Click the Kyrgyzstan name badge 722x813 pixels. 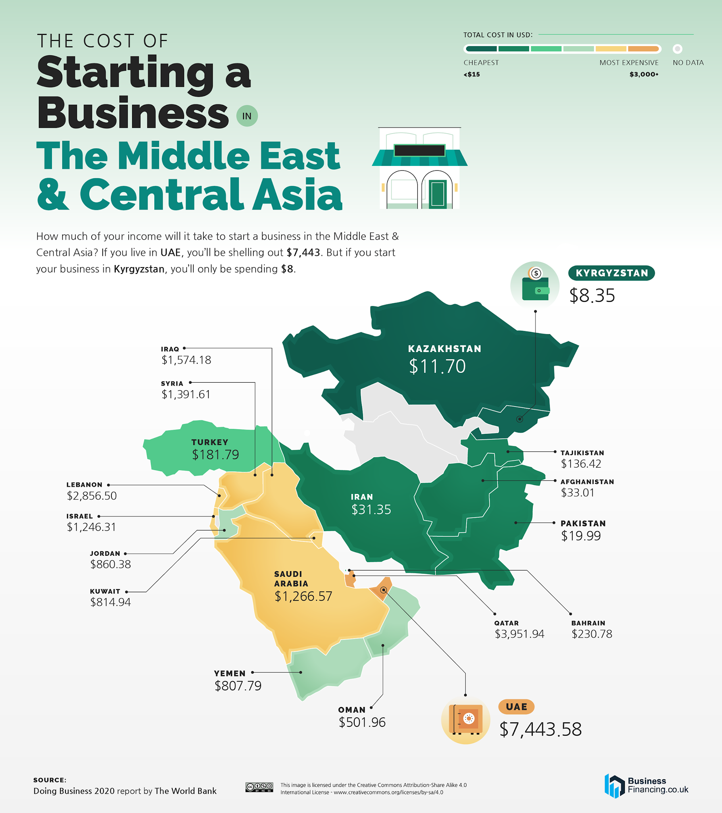pyautogui.click(x=611, y=273)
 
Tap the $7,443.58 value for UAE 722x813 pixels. pyautogui.click(x=540, y=729)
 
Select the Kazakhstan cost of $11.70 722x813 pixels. pyautogui.click(x=437, y=366)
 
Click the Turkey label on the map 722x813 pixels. pyautogui.click(x=209, y=442)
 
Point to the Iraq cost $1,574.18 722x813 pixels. pyautogui.click(x=186, y=360)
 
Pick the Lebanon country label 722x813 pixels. pyautogui.click(x=84, y=485)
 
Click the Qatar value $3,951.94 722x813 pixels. pyautogui.click(x=519, y=634)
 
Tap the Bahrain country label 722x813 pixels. pyautogui.click(x=588, y=623)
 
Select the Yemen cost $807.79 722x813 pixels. pyautogui.click(x=238, y=686)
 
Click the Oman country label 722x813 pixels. pyautogui.click(x=351, y=710)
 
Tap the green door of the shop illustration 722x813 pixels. pyautogui.click(x=437, y=194)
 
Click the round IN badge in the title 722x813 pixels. pyautogui.click(x=247, y=116)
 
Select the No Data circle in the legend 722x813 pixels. pyautogui.click(x=678, y=49)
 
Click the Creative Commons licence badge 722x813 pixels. pyautogui.click(x=259, y=787)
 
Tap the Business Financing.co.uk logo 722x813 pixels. pyautogui.click(x=647, y=786)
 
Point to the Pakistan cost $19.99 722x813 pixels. pyautogui.click(x=581, y=536)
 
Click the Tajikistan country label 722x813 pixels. pyautogui.click(x=582, y=453)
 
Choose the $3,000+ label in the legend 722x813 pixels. pyautogui.click(x=644, y=74)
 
